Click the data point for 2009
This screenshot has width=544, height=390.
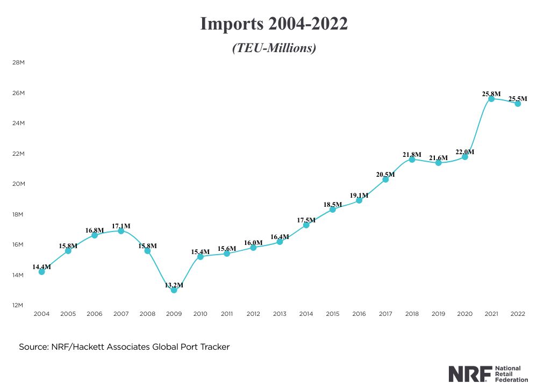tap(174, 290)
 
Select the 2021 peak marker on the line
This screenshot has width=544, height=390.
tap(491, 99)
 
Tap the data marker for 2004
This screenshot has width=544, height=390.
tap(41, 272)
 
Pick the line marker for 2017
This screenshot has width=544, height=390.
tap(385, 179)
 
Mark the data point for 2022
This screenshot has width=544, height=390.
tap(518, 104)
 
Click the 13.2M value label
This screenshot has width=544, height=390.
tap(174, 285)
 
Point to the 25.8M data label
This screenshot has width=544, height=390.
tap(491, 94)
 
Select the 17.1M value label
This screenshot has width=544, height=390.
tap(121, 226)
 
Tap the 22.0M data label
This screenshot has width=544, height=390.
tap(464, 152)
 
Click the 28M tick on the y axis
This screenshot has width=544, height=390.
tap(18, 63)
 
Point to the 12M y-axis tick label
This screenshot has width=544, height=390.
tap(18, 305)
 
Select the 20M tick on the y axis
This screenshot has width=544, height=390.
tap(18, 184)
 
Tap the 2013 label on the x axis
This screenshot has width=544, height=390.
tap(280, 314)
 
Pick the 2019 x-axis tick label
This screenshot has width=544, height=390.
tap(438, 314)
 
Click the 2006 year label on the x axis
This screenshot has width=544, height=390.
tap(95, 314)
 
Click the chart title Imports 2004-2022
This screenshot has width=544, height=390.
tap(274, 24)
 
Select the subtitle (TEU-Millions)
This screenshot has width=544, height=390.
tap(274, 48)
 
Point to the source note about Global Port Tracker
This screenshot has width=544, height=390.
tap(124, 347)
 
